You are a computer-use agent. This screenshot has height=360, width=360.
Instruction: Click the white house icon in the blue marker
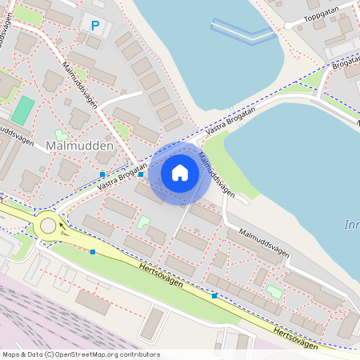tap(180, 173)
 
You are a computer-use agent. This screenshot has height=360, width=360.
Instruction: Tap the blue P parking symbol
tap(95, 26)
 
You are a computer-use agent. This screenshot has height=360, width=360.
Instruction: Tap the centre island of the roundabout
tap(48, 226)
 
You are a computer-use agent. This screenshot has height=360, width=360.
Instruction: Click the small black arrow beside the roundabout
tap(63, 225)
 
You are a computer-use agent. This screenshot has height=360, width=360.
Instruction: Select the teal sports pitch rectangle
tap(22, 110)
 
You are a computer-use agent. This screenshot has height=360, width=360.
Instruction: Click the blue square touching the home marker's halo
tap(141, 174)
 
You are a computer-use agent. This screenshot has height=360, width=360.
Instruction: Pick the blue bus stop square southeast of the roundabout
tap(93, 252)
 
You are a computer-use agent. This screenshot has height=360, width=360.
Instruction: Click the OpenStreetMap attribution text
tap(80, 354)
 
